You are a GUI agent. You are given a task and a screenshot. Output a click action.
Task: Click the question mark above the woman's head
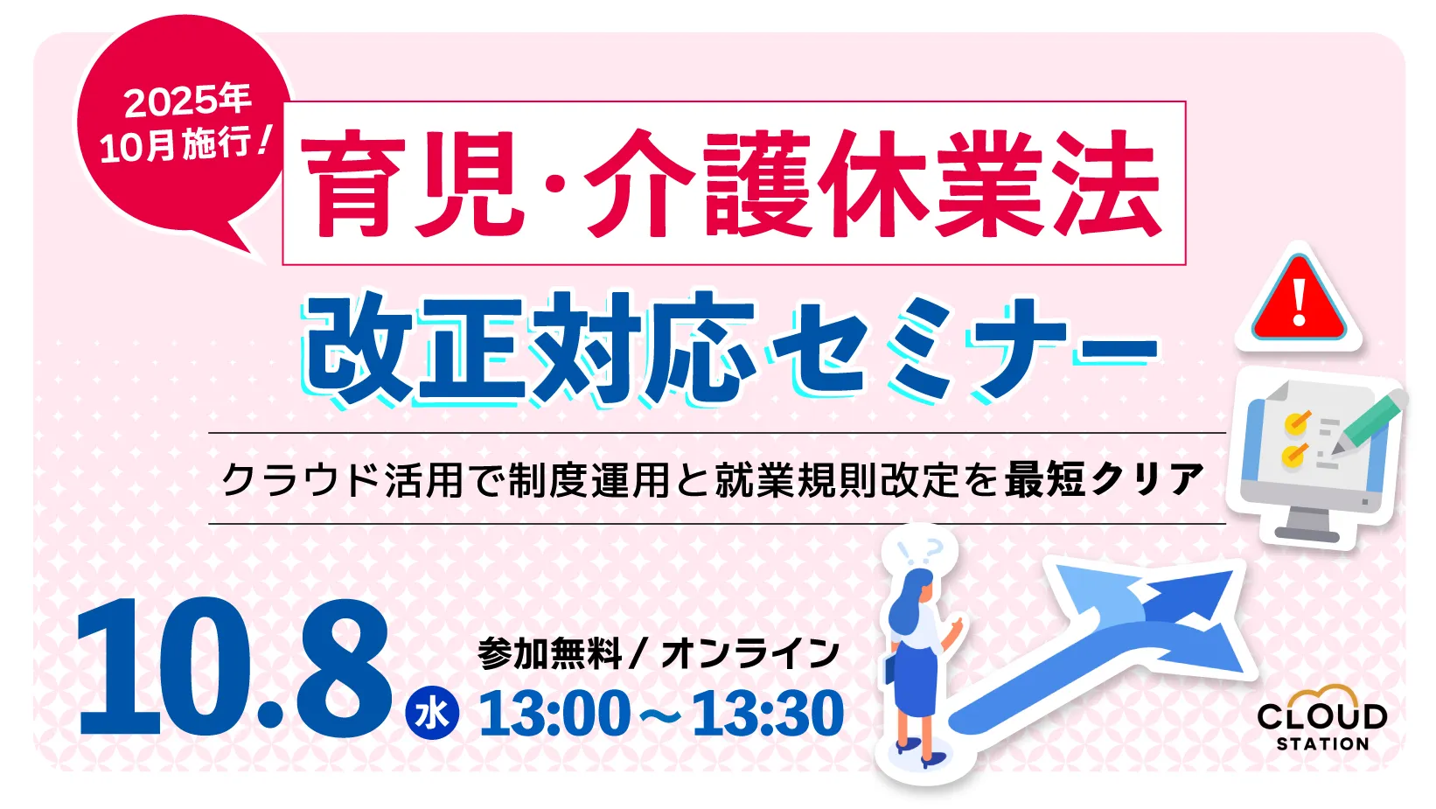click(932, 549)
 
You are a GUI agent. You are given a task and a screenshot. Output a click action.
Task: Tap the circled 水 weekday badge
click(432, 714)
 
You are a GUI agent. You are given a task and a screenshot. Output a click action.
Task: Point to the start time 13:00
click(554, 714)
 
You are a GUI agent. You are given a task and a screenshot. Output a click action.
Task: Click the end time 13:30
click(768, 714)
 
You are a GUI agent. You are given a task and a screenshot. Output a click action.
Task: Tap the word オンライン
click(750, 653)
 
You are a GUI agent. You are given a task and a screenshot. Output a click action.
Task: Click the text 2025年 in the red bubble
click(187, 101)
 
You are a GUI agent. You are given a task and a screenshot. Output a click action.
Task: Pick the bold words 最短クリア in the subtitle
click(1104, 479)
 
